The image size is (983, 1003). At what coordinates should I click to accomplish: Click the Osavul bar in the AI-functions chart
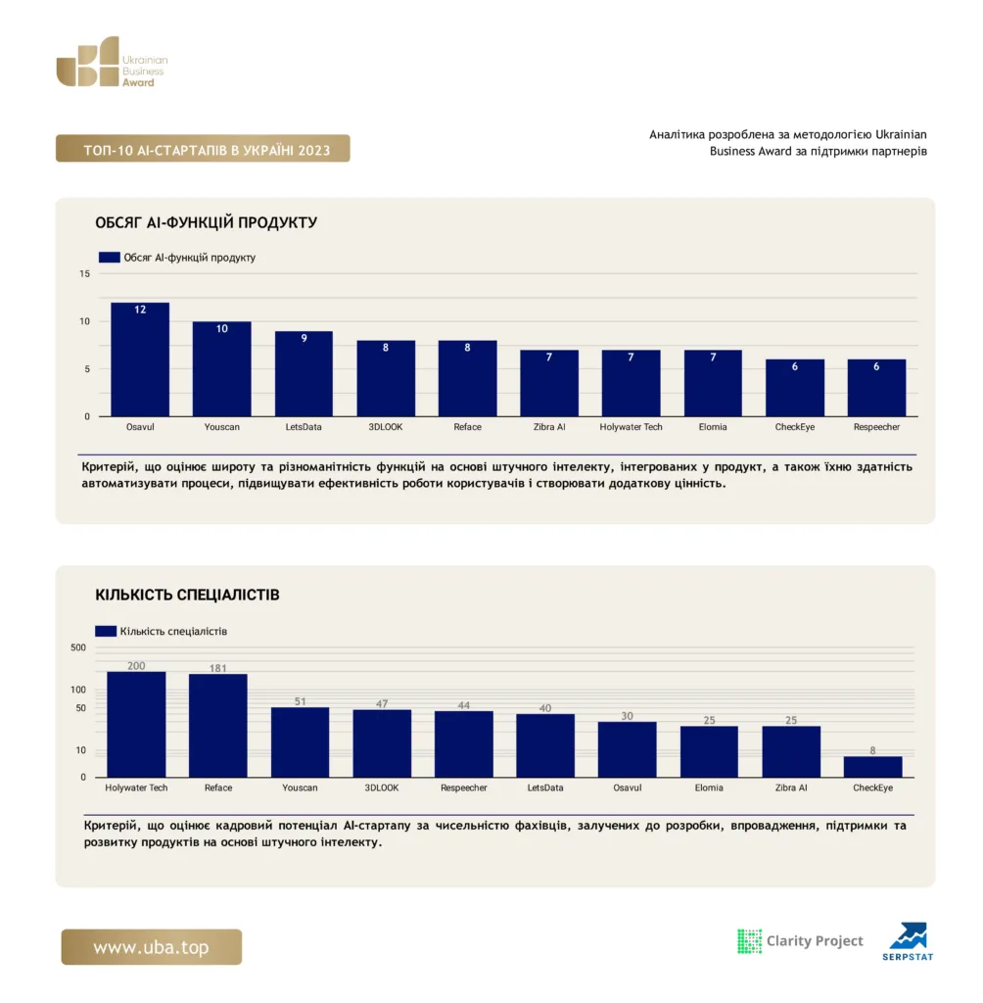click(140, 359)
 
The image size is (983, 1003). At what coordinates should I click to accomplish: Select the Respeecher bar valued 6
click(876, 388)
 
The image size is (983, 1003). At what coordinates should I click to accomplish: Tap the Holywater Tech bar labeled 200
click(136, 725)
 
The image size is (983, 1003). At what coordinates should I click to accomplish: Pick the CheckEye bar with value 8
click(872, 767)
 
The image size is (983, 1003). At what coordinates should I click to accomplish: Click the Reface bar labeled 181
click(218, 726)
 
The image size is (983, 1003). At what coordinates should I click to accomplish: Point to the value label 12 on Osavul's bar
click(140, 310)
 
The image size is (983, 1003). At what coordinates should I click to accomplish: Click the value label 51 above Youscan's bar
click(300, 701)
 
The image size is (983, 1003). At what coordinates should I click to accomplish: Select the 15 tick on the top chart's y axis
click(84, 274)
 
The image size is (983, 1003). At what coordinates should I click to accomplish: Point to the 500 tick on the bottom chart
click(78, 647)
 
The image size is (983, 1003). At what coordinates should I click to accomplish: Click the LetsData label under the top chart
click(304, 427)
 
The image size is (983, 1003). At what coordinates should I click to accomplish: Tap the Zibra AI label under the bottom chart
click(790, 788)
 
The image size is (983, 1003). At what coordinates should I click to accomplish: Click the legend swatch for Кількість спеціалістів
click(106, 632)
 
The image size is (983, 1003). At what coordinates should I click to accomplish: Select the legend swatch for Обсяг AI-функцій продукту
click(110, 258)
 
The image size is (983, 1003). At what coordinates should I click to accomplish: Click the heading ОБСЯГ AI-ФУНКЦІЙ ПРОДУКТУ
click(206, 222)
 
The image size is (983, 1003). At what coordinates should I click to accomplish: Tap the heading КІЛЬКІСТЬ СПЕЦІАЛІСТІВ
click(187, 595)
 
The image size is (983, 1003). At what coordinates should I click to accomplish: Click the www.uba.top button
click(152, 947)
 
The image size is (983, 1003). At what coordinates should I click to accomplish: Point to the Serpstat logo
click(909, 941)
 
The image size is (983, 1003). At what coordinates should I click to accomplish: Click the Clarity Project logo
click(800, 941)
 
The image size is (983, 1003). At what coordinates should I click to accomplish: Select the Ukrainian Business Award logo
click(112, 62)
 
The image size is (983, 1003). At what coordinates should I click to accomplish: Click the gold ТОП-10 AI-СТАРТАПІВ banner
click(203, 149)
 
